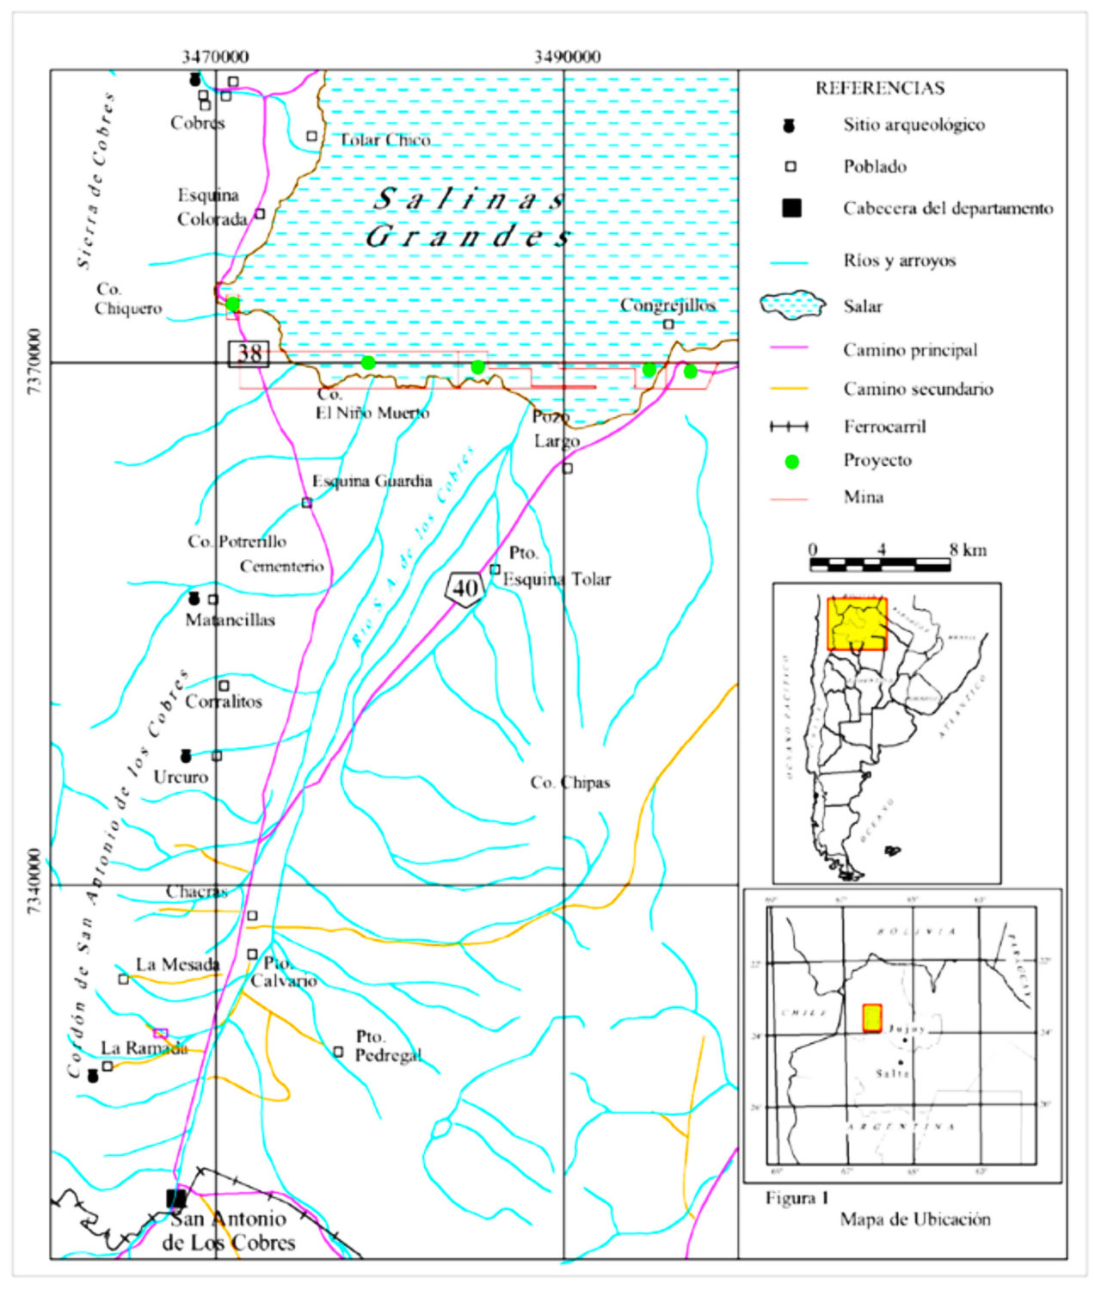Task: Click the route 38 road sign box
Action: (249, 353)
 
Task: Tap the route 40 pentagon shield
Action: (464, 589)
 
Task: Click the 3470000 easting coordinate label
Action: (215, 57)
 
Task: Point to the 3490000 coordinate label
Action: (567, 57)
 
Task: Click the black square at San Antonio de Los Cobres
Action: (176, 1198)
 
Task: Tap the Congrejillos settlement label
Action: (667, 305)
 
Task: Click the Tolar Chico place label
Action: (384, 140)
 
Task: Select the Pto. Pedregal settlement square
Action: (338, 1052)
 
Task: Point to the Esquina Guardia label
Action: (372, 482)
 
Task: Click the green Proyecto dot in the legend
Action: (791, 462)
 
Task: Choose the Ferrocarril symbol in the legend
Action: (789, 427)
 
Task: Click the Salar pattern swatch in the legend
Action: (791, 305)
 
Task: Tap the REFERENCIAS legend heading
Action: (879, 89)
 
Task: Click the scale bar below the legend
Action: (879, 565)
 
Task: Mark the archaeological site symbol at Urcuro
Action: (186, 756)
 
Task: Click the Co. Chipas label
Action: (569, 783)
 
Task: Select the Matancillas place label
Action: (231, 620)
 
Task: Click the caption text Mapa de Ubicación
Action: (915, 1219)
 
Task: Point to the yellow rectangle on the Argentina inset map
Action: (856, 623)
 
